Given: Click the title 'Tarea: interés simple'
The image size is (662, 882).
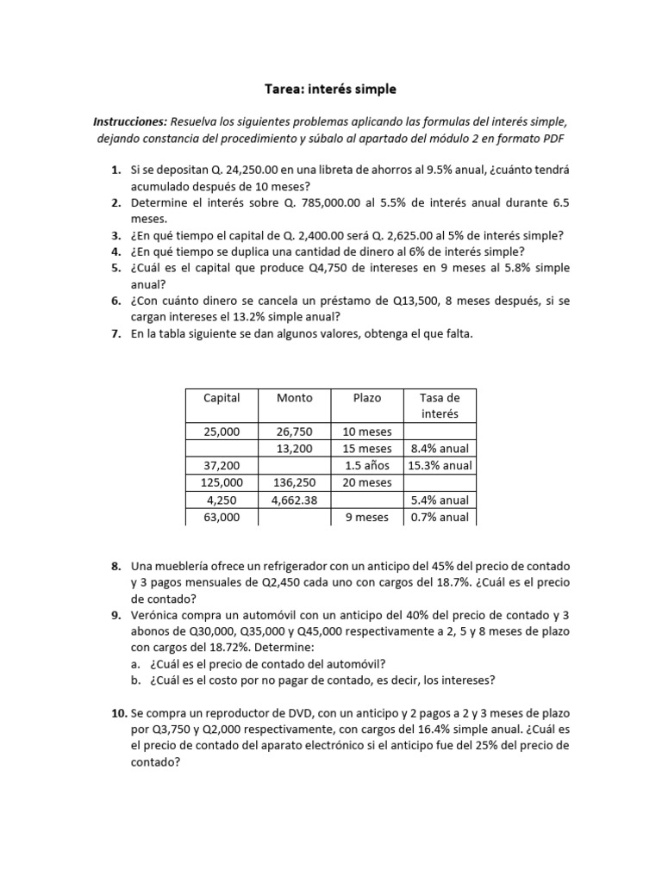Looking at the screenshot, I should pos(330,89).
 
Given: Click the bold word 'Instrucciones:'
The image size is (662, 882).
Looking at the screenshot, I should pos(129,122).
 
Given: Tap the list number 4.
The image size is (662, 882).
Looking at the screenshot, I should pos(115,252).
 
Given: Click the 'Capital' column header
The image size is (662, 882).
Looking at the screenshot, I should pos(222,398).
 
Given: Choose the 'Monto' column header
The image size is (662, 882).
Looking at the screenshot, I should pos(295,398).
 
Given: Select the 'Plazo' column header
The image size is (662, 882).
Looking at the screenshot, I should pos(367,398).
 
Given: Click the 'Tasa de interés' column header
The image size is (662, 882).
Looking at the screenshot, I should pos(440,406).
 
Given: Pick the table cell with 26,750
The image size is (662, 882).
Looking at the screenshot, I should pos(295,432).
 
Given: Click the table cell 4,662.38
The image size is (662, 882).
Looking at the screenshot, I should pos(295,500).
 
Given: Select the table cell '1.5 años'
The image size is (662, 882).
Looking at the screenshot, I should pos(367,466).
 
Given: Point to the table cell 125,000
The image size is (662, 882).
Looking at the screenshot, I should pos(222,483).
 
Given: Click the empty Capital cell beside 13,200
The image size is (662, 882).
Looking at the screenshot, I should pos(222,449).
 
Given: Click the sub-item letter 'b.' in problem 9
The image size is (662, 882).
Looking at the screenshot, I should pos(137,680).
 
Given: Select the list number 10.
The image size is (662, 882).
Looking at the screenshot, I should pos(117,713).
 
